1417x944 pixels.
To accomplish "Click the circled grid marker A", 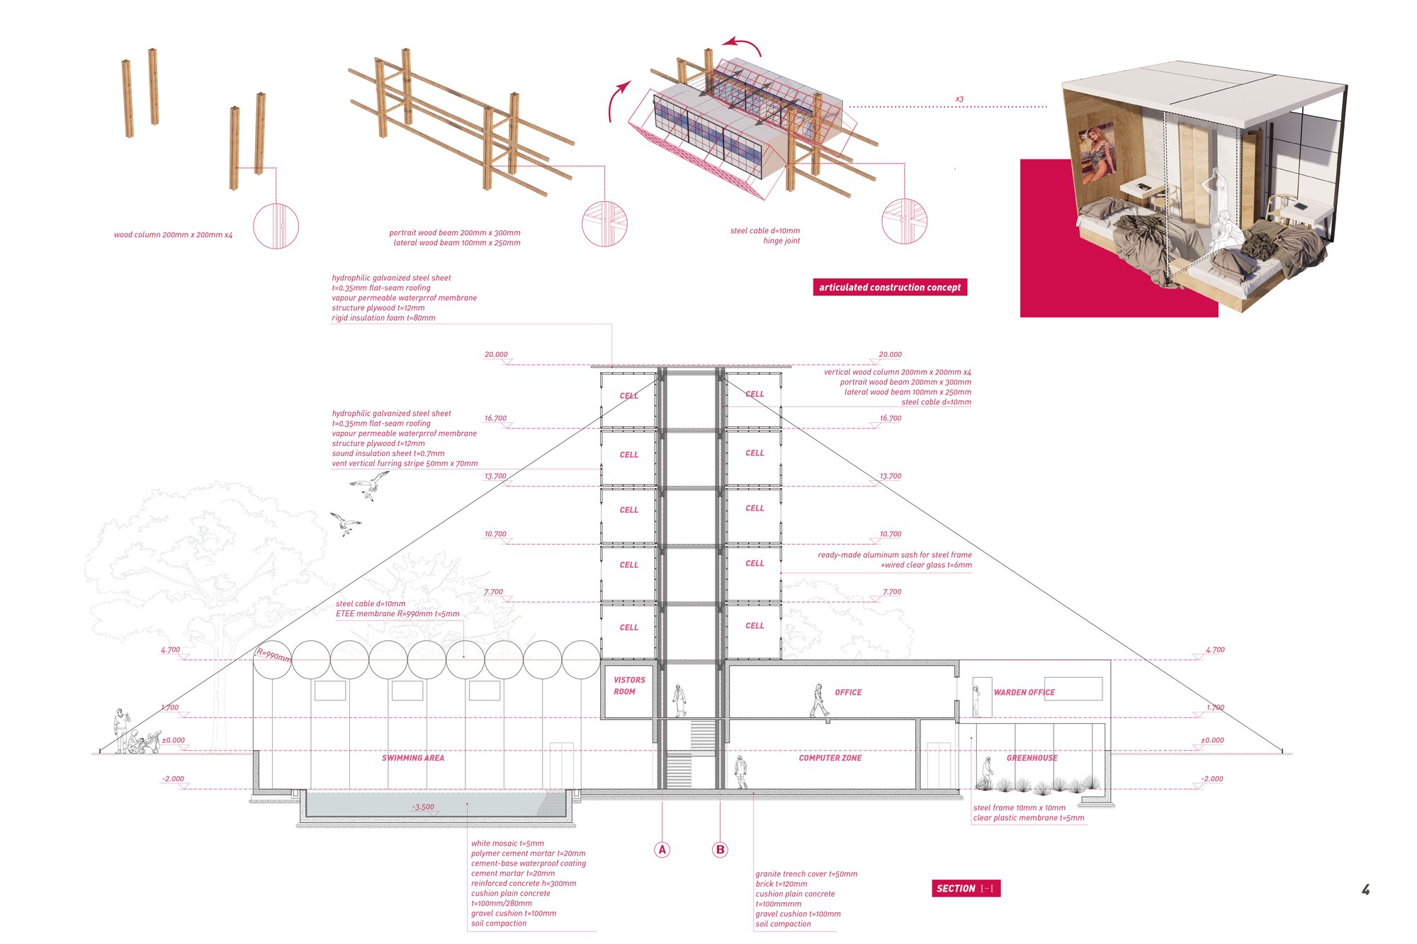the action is pos(662,850).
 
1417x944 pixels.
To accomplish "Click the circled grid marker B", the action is pos(720,850).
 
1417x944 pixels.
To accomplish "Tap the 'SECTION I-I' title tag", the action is pos(966,888).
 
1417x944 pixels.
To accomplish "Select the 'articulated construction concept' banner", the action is pos(890,287).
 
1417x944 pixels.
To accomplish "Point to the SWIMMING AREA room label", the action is pos(413,758).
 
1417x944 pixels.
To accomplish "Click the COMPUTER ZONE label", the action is pos(830,758).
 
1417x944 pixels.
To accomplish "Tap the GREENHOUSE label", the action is pos(1032,758).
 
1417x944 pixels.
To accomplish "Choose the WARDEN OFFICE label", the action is pos(1024,692).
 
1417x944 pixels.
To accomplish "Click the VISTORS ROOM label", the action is pos(628,686).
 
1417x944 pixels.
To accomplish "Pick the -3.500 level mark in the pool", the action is pos(423,807).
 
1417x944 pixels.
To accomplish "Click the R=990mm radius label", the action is pos(273,655).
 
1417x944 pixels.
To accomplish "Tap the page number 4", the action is pos(1365,889).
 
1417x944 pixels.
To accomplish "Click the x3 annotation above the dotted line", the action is pos(959,99).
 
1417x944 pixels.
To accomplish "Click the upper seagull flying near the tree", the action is pos(369,486).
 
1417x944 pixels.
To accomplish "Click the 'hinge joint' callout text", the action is pos(781,241).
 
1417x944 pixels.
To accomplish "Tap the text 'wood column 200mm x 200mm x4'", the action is pos(173,234).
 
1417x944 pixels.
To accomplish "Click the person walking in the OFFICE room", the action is pos(819,701).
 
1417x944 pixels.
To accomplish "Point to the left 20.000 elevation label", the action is pos(496,354).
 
